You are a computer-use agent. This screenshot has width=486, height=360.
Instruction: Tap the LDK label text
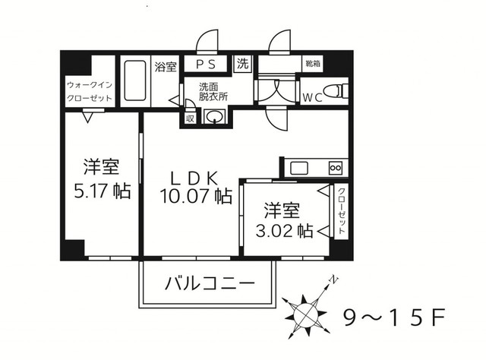click(x=195, y=178)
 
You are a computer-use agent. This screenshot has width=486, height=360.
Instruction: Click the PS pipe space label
click(x=205, y=65)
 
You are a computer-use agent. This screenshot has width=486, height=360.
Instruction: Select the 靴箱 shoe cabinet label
click(x=312, y=63)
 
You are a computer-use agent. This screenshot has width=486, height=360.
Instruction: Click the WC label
click(x=313, y=98)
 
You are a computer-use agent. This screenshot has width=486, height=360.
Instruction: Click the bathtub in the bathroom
click(x=134, y=81)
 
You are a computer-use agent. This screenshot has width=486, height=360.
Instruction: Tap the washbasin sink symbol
click(x=214, y=117)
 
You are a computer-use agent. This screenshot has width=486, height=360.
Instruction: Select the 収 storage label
click(x=190, y=118)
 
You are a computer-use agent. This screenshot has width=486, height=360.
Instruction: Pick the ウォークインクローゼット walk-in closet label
click(x=89, y=91)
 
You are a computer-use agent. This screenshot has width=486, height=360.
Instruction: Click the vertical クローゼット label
click(x=341, y=211)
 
